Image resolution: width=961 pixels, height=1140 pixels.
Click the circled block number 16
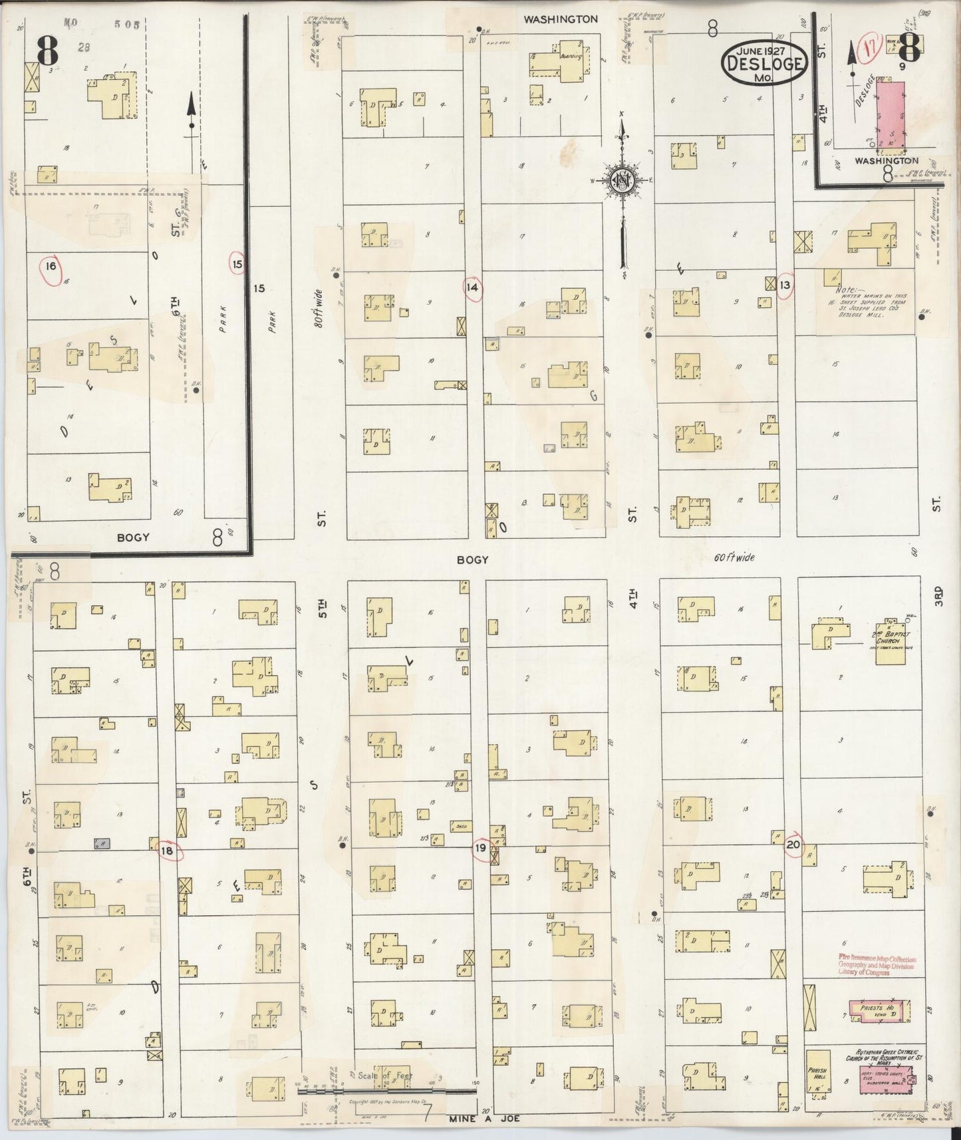click(x=50, y=267)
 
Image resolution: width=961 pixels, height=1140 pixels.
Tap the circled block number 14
click(x=473, y=288)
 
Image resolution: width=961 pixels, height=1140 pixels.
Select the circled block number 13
click(x=785, y=285)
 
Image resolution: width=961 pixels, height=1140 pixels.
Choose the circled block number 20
click(x=793, y=845)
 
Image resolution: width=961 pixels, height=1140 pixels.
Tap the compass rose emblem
click(x=621, y=181)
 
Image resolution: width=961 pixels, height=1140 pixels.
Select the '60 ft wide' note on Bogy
click(x=734, y=557)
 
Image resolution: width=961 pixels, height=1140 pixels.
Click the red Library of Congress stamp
click(x=877, y=966)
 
